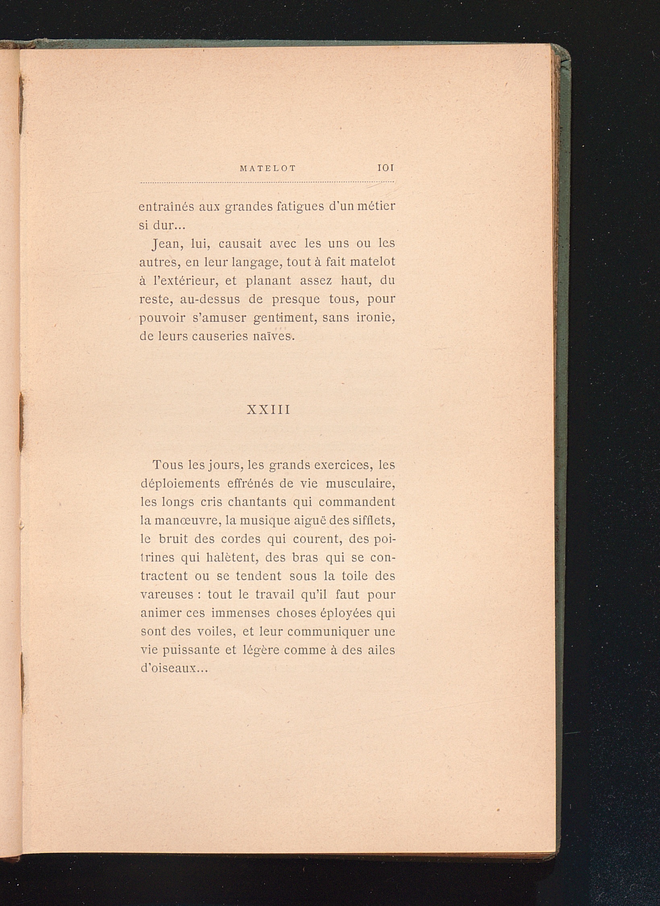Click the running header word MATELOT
(268, 169)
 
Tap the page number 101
(385, 168)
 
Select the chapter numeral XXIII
(268, 410)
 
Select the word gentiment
(282, 318)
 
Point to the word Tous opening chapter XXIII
(168, 465)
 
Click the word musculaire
(360, 484)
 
